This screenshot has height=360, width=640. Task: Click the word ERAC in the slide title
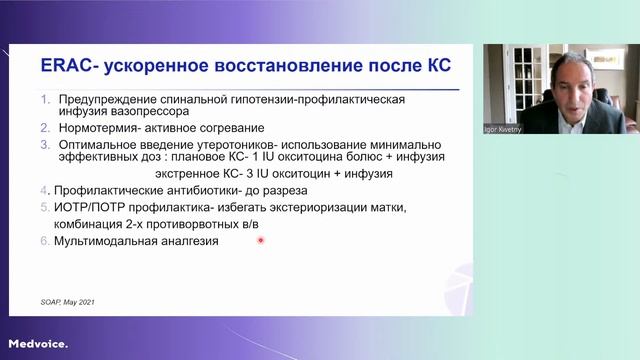pyautogui.click(x=67, y=66)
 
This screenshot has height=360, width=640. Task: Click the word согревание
pyautogui.click(x=231, y=128)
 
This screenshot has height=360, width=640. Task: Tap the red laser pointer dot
pyautogui.click(x=260, y=241)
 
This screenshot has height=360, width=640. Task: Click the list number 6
pyautogui.click(x=45, y=241)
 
